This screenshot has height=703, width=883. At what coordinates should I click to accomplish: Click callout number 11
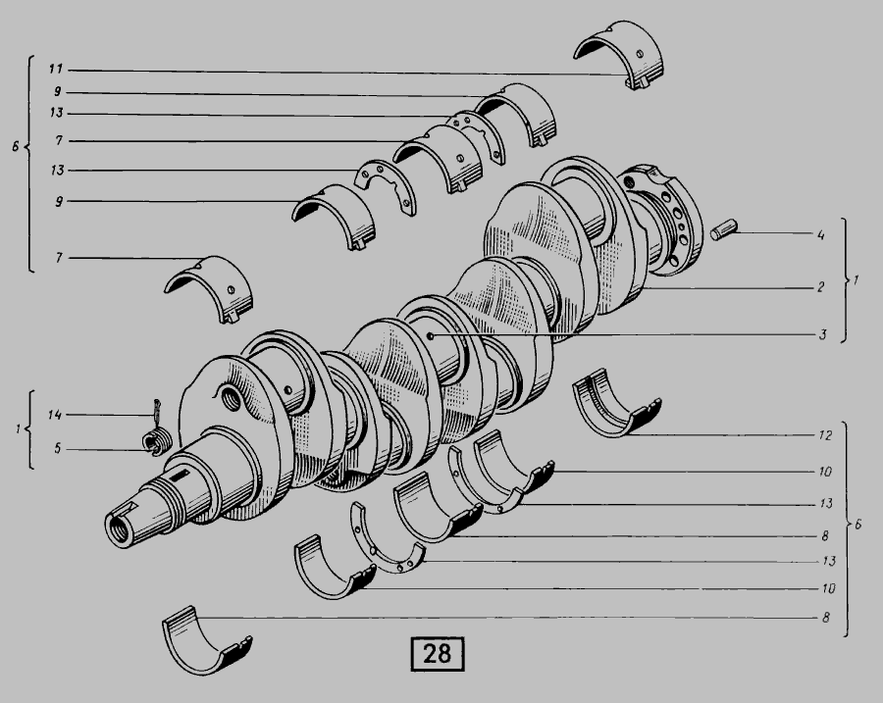click(56, 70)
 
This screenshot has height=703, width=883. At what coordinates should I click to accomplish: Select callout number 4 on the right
click(821, 234)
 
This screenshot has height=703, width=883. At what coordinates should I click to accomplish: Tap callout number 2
click(821, 287)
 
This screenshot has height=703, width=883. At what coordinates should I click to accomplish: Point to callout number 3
click(822, 335)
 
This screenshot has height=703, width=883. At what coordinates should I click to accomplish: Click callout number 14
click(55, 415)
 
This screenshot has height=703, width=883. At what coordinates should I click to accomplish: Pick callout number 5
click(58, 449)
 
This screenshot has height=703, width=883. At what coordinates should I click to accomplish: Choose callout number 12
click(825, 435)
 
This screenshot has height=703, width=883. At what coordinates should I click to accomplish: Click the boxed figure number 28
click(438, 654)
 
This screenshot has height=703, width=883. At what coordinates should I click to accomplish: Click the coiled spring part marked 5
click(155, 441)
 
